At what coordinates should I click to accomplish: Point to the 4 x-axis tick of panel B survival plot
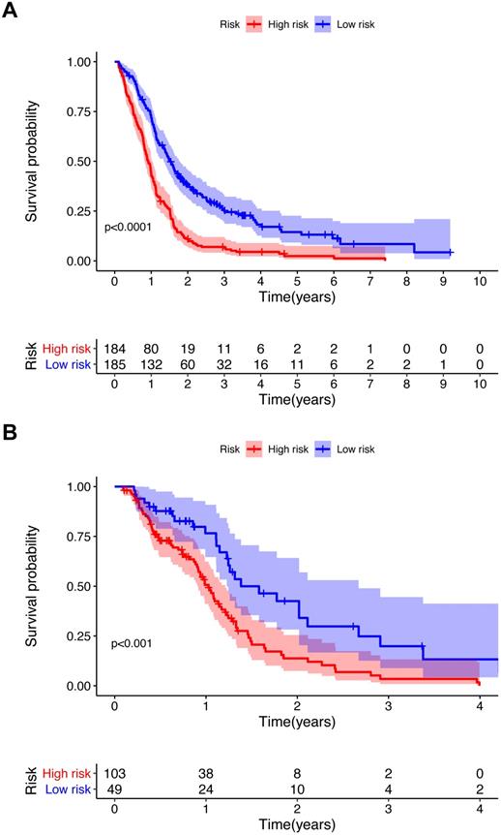481,700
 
